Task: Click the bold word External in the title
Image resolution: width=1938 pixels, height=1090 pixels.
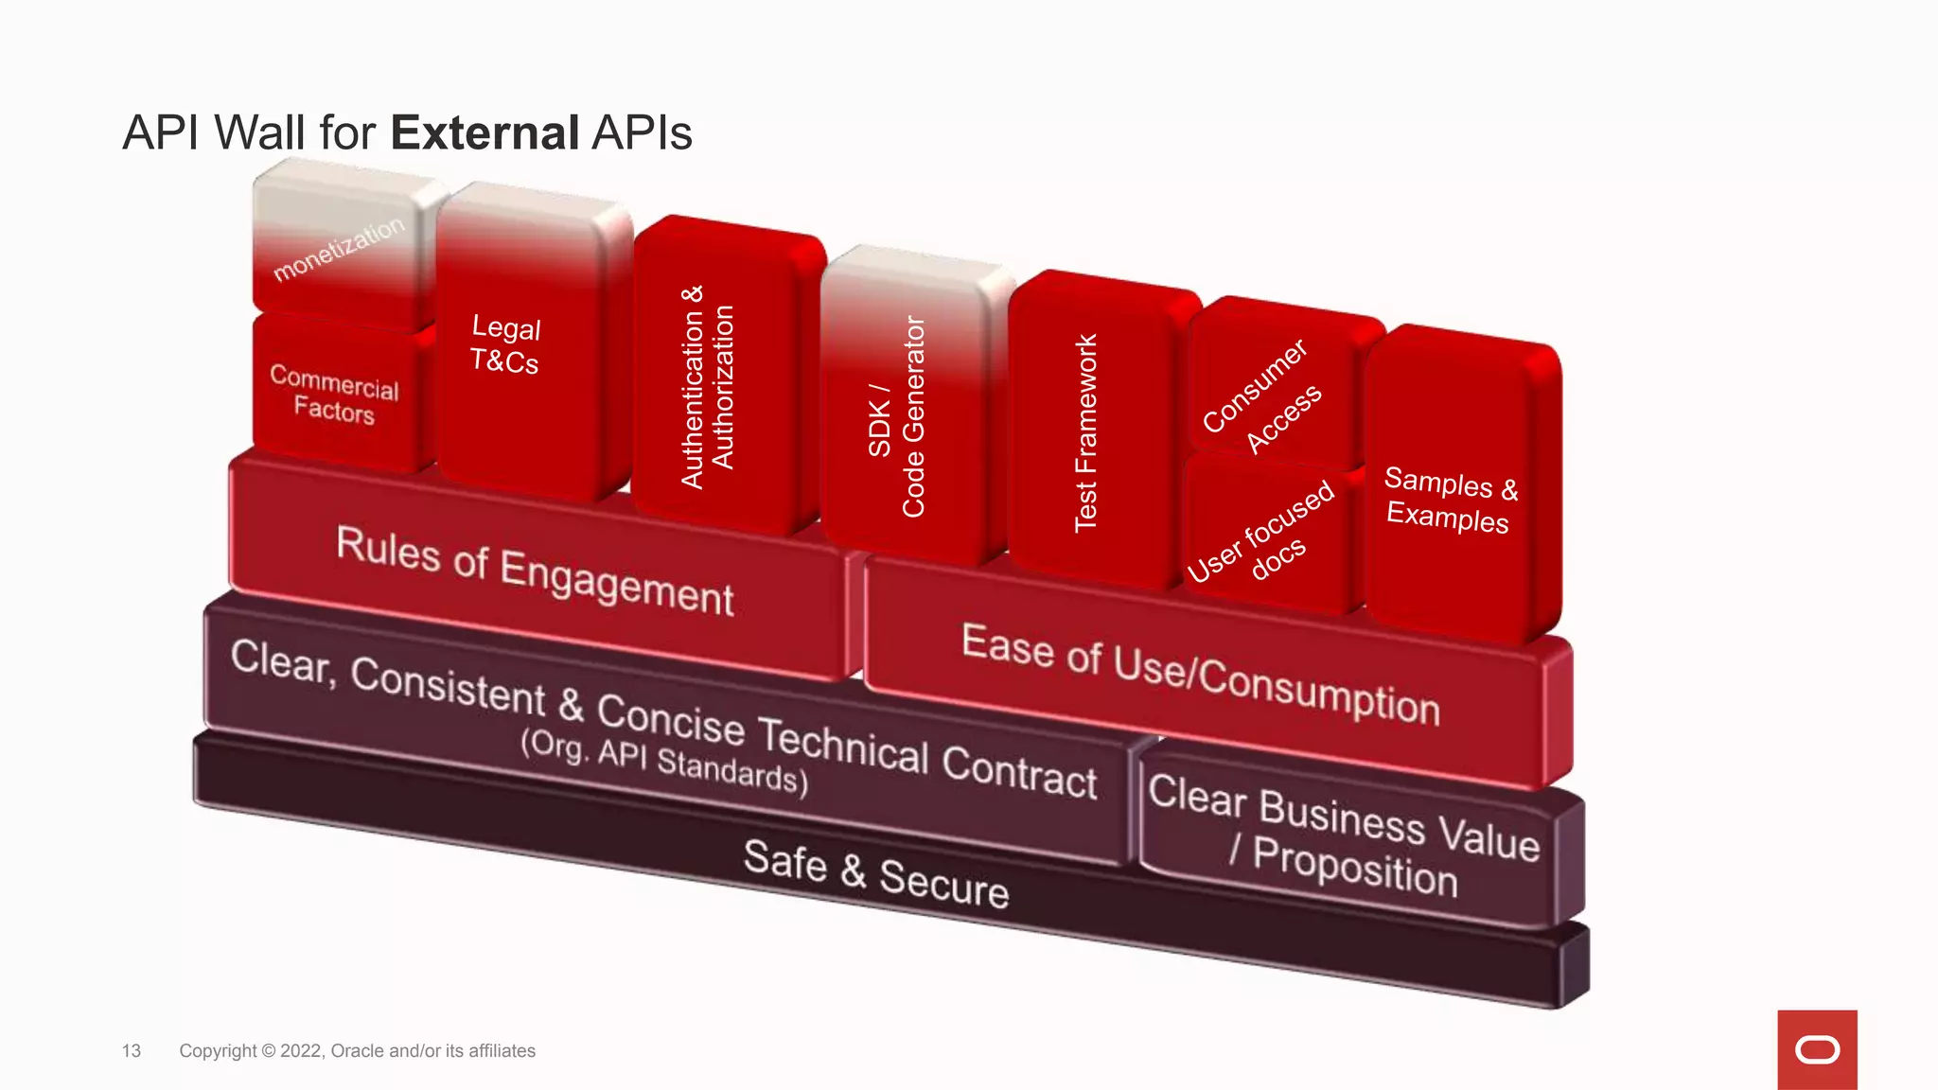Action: tap(484, 132)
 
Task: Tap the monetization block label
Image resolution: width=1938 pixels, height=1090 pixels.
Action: tap(338, 249)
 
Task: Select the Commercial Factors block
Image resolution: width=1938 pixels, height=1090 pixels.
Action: tap(334, 395)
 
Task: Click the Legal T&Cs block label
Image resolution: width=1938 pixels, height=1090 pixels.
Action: tap(505, 344)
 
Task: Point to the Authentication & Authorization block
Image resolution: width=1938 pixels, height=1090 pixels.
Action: tap(707, 387)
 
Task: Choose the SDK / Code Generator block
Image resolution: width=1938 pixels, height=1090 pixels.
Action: tap(897, 416)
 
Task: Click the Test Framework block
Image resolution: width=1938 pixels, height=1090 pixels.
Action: tap(1085, 432)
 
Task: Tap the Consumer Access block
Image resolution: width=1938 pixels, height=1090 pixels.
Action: tap(1262, 396)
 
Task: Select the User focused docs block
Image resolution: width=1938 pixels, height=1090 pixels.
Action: tap(1262, 534)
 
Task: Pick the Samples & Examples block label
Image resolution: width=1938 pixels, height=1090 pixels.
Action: tap(1448, 501)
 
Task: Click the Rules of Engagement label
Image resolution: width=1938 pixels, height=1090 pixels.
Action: tap(535, 571)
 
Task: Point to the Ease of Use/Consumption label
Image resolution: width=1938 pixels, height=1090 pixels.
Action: tap(1200, 674)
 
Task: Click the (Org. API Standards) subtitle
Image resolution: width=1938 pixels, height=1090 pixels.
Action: tap(664, 761)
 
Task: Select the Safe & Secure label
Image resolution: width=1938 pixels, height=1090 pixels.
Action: tap(876, 873)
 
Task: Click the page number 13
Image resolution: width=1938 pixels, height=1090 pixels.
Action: tap(132, 1051)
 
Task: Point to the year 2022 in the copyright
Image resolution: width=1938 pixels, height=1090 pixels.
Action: tap(301, 1051)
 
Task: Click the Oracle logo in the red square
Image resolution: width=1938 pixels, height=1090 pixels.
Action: tap(1817, 1050)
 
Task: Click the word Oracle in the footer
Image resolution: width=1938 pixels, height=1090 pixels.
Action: tap(357, 1051)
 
